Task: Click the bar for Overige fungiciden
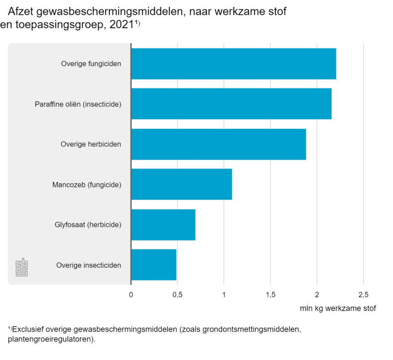coord(233,63)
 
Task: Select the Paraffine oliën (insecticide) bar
coord(231,104)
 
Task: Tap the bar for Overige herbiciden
coord(219,144)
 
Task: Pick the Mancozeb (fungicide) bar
coord(181,184)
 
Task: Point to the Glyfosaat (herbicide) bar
coord(163,225)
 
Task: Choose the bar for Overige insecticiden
coord(154,265)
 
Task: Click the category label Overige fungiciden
coord(91,64)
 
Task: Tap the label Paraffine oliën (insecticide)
coord(78,104)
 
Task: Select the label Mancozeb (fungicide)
coord(87,185)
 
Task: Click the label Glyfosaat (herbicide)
coord(88,225)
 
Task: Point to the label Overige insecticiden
coord(89,265)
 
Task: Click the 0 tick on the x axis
coord(131,294)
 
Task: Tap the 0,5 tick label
coord(177,294)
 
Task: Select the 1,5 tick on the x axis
coord(270,294)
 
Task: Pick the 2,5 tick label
coord(363,294)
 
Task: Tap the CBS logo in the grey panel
coord(22,267)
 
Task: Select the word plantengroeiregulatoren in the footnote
coord(50,339)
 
